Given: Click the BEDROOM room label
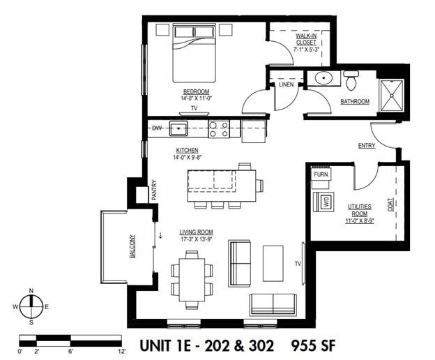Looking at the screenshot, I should click(196, 91).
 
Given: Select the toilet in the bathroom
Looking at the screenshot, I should click(351, 80).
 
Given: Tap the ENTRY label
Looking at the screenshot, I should click(367, 146).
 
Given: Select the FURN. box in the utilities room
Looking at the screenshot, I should click(321, 175).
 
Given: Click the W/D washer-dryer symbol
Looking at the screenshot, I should click(325, 202).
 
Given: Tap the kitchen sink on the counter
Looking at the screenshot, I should click(179, 128).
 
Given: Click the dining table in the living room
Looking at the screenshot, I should click(192, 278).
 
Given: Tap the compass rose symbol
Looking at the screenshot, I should click(31, 306).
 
